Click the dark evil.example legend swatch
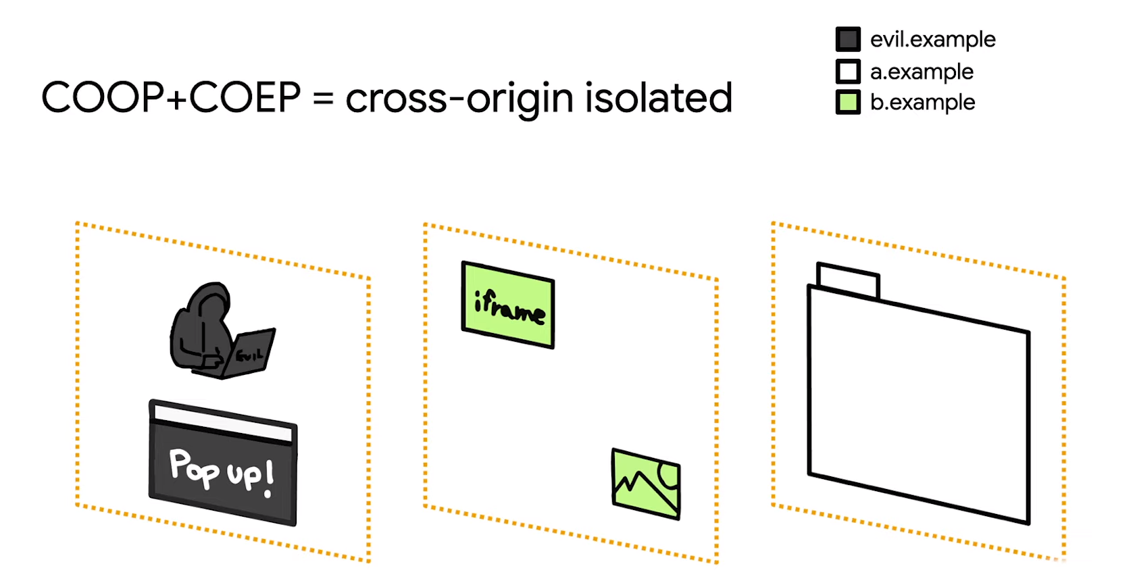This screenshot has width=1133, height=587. click(x=848, y=39)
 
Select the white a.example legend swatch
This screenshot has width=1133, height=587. click(x=848, y=71)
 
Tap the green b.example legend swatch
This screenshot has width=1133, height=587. click(x=848, y=102)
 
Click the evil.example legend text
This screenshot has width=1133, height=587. click(x=932, y=39)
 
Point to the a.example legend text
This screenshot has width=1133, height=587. click(x=922, y=71)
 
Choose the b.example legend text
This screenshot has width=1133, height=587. click(x=922, y=102)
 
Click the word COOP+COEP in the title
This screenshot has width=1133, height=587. click(x=171, y=97)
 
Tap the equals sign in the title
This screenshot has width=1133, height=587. click(x=323, y=99)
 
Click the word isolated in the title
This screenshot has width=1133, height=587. click(x=658, y=97)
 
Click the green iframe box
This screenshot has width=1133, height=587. click(x=508, y=305)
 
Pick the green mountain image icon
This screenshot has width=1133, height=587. click(x=645, y=484)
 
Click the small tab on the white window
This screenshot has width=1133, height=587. click(x=848, y=280)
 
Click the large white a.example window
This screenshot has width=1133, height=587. click(x=918, y=405)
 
